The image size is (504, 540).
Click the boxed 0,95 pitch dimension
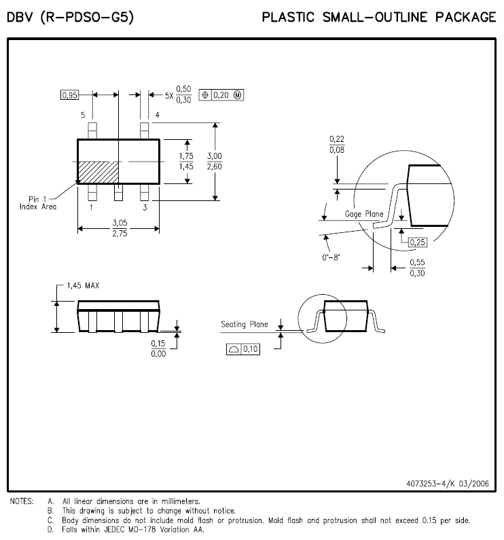pos(69,94)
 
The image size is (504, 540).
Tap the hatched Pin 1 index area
pos(98,173)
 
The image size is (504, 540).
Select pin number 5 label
pos(83,115)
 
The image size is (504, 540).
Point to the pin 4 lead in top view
pos(145,130)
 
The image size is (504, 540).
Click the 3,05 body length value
pos(120,223)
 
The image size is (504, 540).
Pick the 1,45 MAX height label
pos(83,285)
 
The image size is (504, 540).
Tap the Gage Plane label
pos(364,214)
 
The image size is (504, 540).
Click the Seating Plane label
pos(245,325)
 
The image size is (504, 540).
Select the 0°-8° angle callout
pos(331,257)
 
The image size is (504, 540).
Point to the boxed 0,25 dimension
pos(418,242)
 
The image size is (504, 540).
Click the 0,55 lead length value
pos(417,262)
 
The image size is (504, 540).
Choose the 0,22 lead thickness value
pos(337,139)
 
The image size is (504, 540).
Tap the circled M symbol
pos(238,95)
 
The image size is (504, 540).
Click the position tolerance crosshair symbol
pos(205,94)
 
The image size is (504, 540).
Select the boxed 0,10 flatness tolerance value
pos(251,349)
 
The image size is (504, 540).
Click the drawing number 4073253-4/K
pos(431,484)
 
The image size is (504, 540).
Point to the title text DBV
pos(20,17)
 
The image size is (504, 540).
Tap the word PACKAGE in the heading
pos(465,17)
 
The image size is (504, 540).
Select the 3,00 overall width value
pos(214,156)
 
